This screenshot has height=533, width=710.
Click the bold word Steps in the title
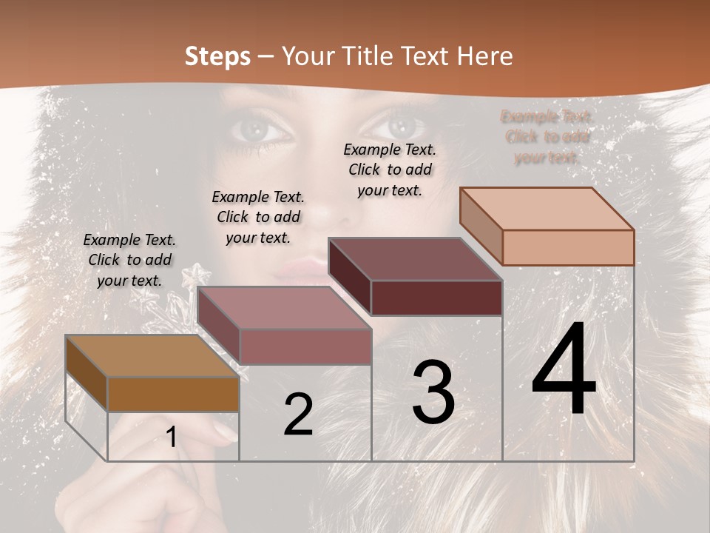(217, 56)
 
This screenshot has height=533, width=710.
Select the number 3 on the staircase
(433, 392)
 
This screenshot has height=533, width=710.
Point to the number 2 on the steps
(298, 415)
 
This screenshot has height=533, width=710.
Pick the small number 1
(172, 438)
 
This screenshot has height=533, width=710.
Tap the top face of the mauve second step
(283, 308)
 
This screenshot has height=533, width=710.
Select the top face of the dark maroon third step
(414, 259)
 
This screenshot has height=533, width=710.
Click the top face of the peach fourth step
(546, 209)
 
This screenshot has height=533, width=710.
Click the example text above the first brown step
(130, 260)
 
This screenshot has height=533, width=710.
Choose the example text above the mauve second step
(258, 217)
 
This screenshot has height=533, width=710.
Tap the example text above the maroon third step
(390, 170)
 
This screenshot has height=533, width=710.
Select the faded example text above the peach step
(547, 136)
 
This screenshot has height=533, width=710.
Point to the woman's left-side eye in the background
(258, 130)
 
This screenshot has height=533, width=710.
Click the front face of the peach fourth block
(568, 247)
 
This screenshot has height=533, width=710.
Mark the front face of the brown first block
(173, 394)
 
